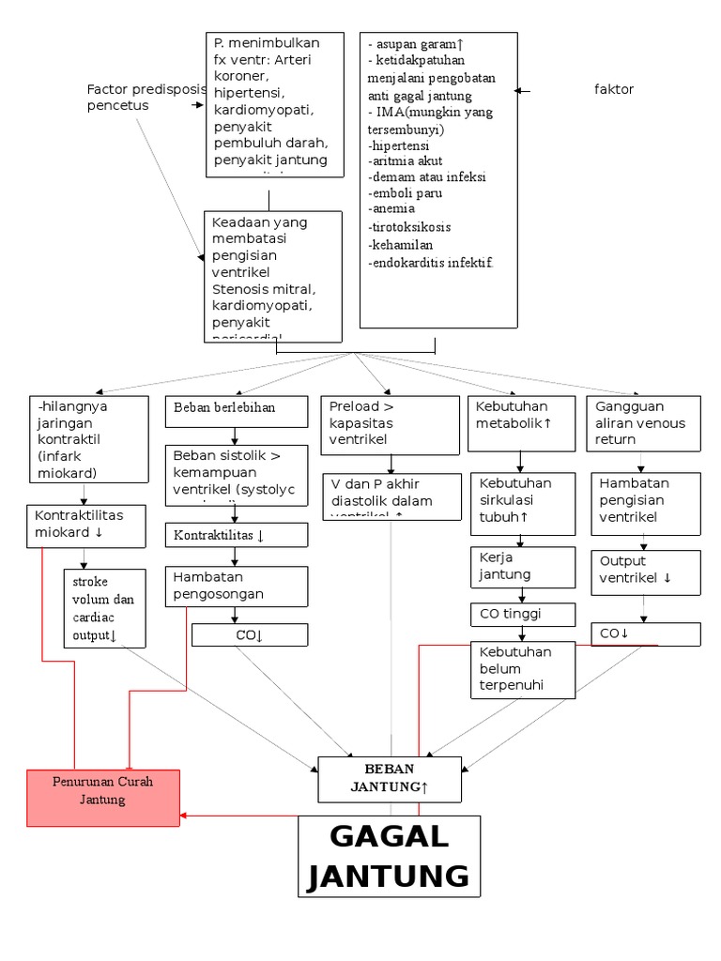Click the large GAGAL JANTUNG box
389,856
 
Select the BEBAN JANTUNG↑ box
390,779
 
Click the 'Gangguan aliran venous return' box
644,423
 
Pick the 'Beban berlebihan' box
237,409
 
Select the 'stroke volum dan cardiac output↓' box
103,608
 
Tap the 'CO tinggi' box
520,615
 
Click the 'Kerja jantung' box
520,565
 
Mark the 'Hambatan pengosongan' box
237,585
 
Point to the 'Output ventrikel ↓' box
644,570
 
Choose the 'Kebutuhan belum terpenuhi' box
520,669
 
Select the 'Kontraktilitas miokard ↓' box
85,525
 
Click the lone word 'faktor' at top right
614,90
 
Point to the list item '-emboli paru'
406,192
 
